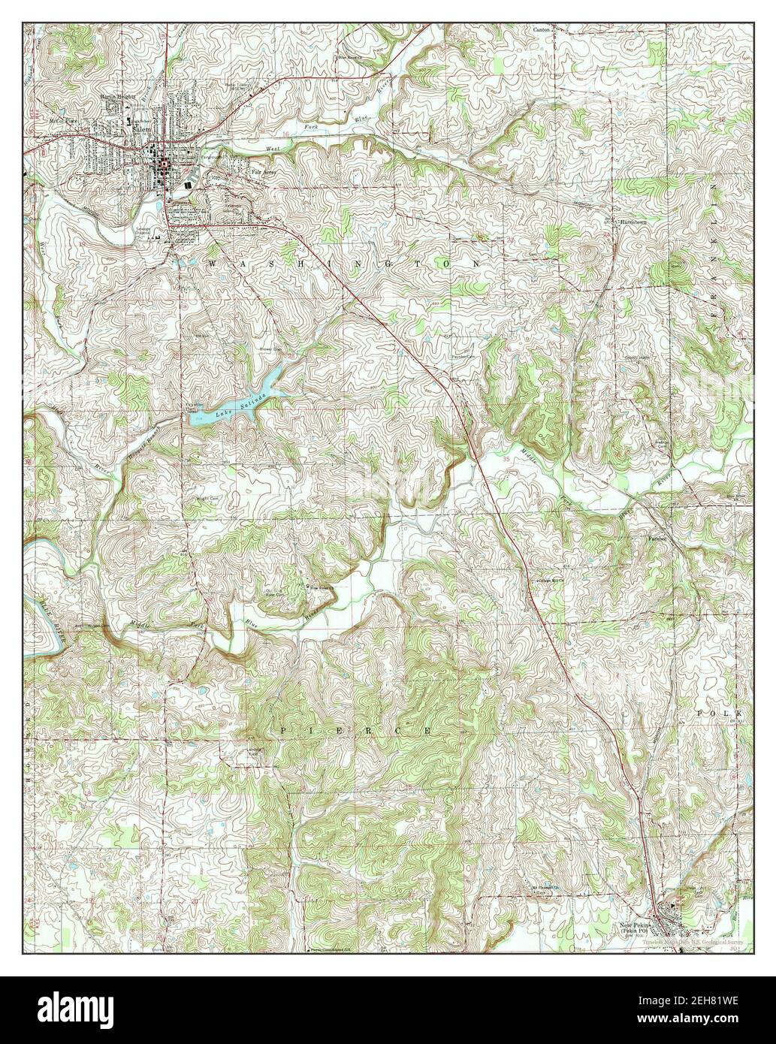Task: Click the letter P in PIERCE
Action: pyautogui.click(x=285, y=730)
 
